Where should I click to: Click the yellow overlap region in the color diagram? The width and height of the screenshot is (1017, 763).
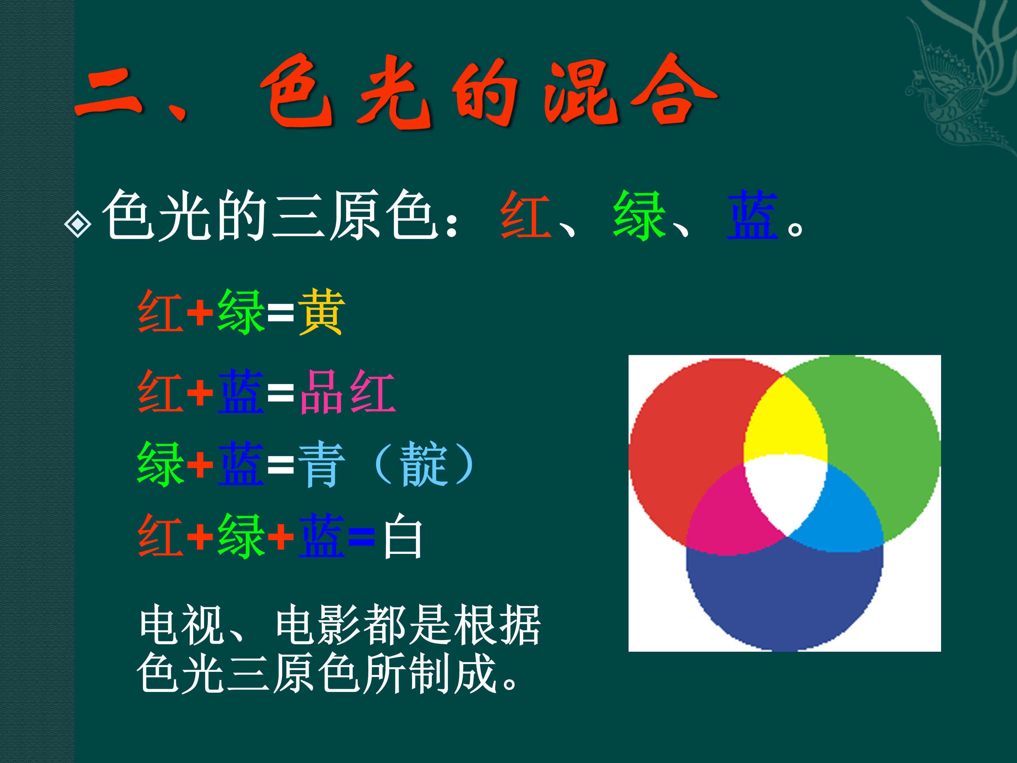784,423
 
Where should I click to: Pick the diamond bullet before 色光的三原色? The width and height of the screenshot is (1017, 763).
78,224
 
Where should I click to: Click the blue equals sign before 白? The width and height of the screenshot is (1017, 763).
361,536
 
